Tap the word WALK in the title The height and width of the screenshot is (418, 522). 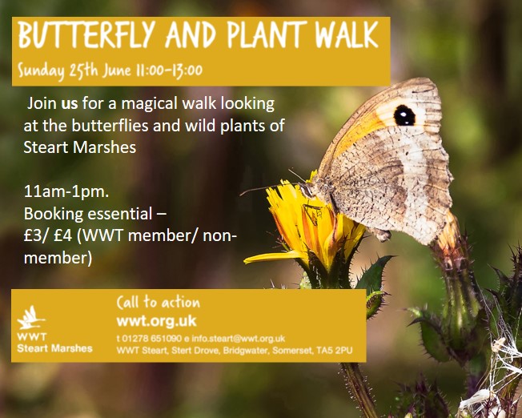347,34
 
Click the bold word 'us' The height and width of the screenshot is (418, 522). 70,104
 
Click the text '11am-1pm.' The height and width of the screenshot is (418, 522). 66,193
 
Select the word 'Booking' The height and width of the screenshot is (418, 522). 54,215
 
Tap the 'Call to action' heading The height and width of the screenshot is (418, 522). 159,303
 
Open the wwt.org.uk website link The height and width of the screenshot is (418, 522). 156,321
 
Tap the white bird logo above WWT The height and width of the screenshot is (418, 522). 30,317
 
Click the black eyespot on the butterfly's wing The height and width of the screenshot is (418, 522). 404,115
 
